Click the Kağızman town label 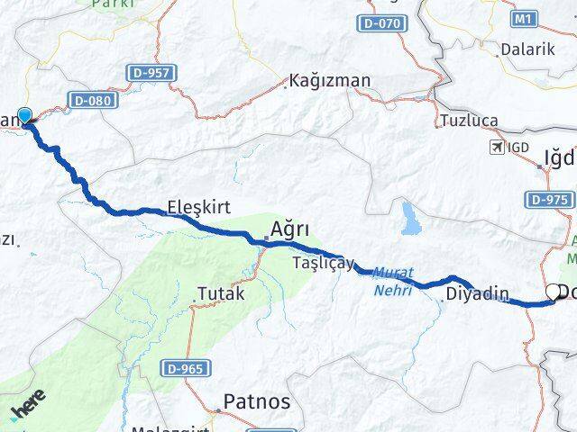tap(330, 81)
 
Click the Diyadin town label tap(477, 294)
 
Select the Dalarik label tap(527, 49)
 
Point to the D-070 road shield tap(380, 24)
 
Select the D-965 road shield tap(188, 367)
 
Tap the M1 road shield tap(524, 18)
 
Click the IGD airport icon tap(496, 147)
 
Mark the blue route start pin tap(25, 116)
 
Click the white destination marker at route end tap(552, 292)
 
